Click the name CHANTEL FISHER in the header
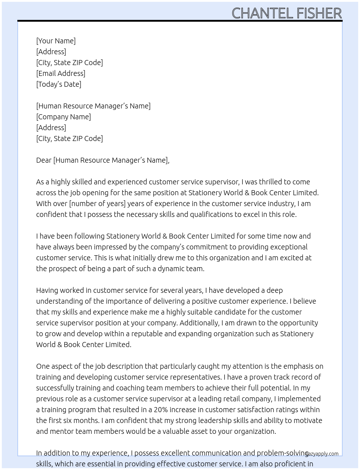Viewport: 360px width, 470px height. click(286, 13)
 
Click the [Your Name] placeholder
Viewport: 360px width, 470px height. click(56, 41)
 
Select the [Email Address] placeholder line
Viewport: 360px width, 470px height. click(61, 73)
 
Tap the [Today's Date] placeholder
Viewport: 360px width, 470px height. click(59, 84)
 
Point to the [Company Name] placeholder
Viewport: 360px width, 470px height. click(63, 117)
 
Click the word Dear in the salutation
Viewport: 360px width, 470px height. click(44, 160)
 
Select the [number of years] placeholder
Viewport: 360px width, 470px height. click(97, 204)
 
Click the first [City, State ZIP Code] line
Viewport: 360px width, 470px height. click(69, 63)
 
